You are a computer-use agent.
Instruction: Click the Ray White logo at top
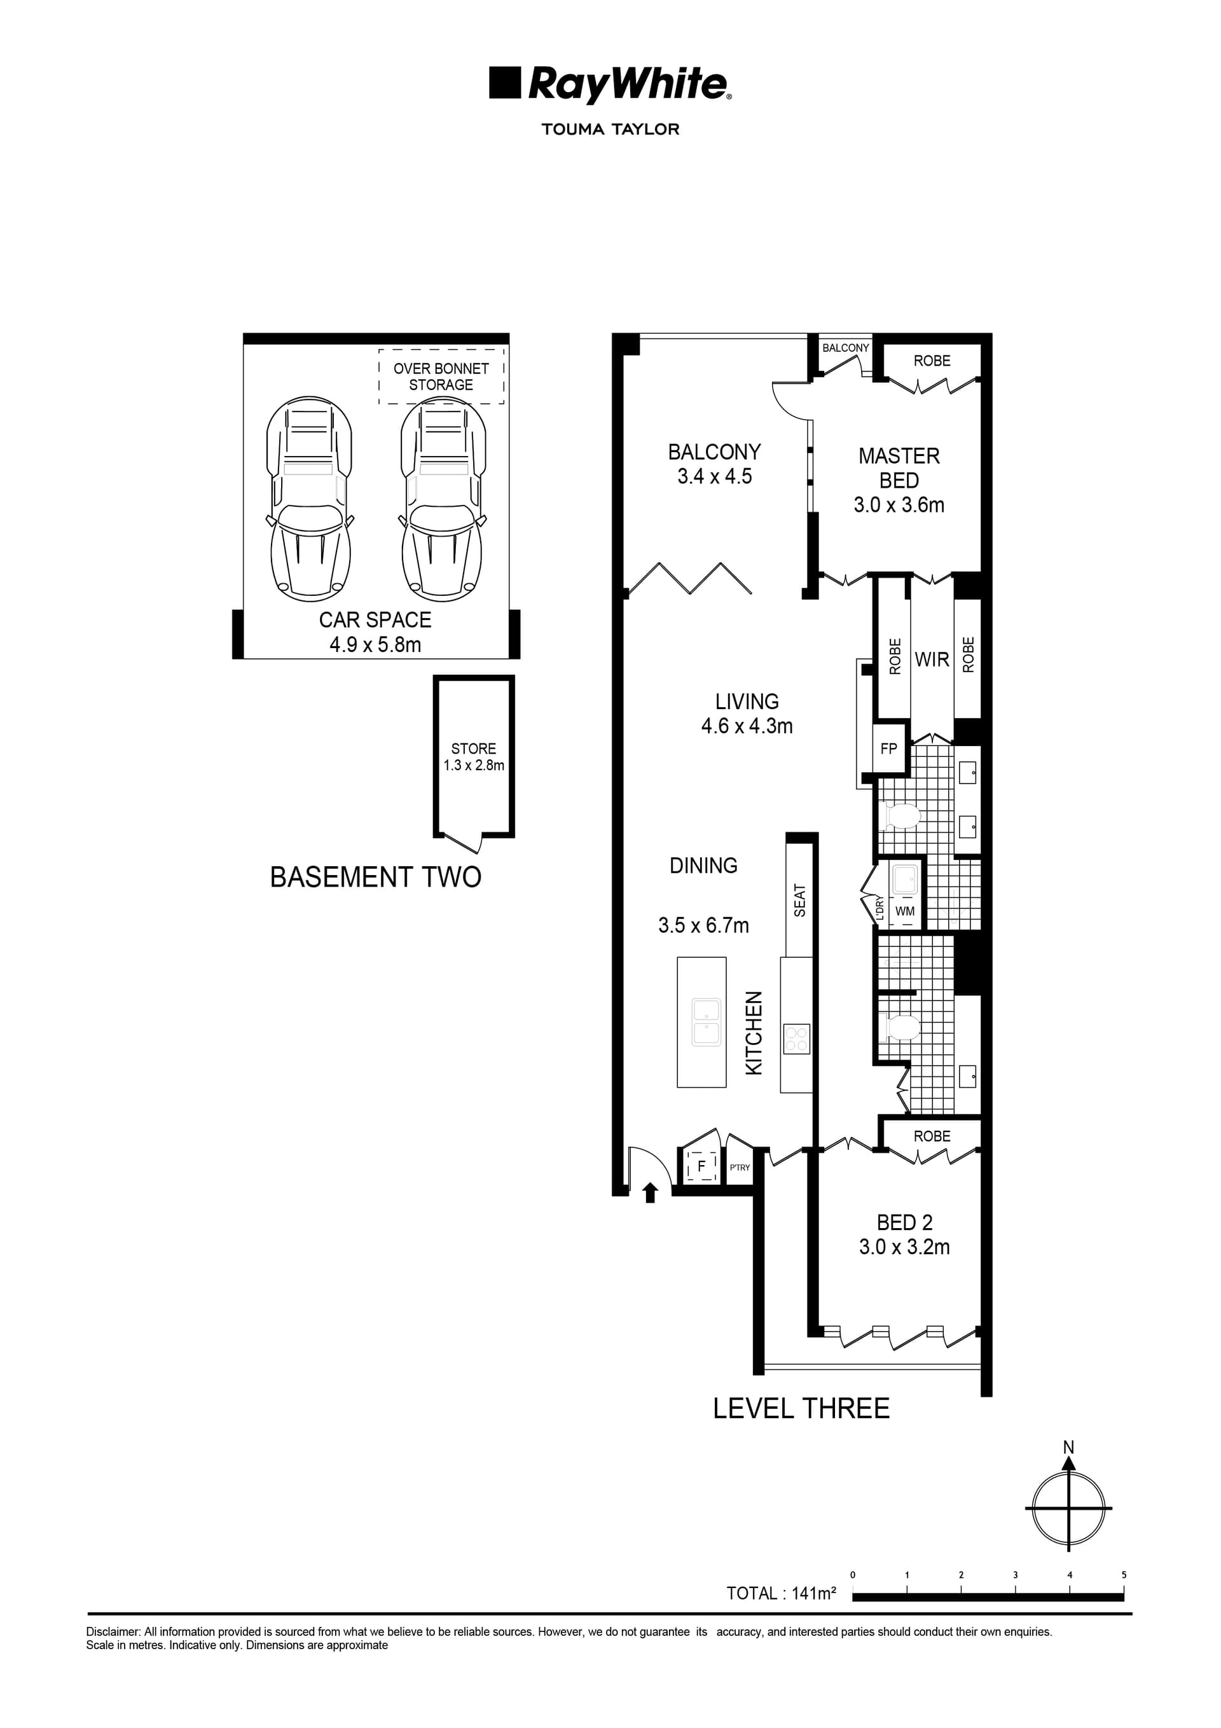pos(610,85)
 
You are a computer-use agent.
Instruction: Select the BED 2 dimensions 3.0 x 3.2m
pos(904,1247)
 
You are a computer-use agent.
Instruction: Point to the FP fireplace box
pos(888,748)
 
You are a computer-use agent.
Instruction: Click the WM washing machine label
pos(905,911)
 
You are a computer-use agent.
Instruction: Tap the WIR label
pos(931,660)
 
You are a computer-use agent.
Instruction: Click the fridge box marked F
pos(701,1166)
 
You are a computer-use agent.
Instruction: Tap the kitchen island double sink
pos(706,1021)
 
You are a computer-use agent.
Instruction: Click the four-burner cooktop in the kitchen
pos(796,1039)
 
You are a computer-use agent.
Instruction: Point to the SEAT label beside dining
pos(799,900)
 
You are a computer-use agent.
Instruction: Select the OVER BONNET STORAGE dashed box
pos(441,377)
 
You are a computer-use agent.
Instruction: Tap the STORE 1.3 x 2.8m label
pos(474,756)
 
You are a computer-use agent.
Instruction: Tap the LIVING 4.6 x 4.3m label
pos(747,714)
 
